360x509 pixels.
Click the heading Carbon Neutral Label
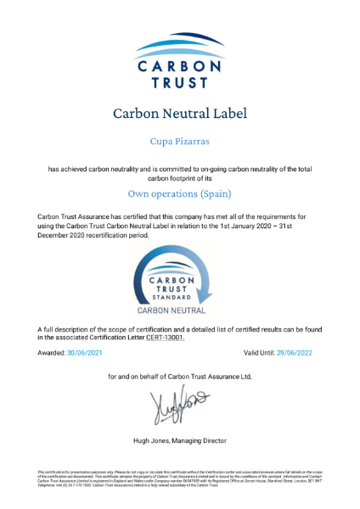[180, 113]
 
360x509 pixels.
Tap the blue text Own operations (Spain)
[180, 193]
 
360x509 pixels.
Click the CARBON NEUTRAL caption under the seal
[180, 312]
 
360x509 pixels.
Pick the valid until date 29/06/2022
[301, 351]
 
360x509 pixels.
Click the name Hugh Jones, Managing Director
[180, 440]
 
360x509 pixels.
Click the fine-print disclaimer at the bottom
[180, 477]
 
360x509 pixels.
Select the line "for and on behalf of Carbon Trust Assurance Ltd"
[180, 375]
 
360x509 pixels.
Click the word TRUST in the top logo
[180, 83]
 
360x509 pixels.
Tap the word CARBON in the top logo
[180, 66]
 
